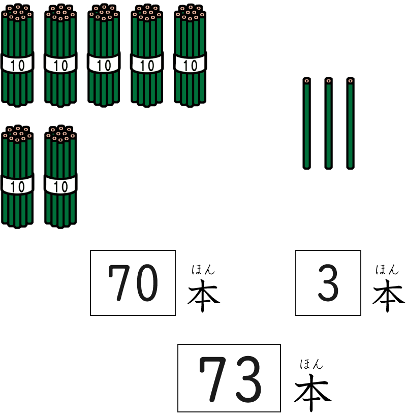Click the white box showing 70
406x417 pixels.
[x=133, y=283]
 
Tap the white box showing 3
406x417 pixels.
[x=328, y=283]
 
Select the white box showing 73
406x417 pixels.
[x=229, y=378]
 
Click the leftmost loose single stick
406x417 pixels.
[x=306, y=124]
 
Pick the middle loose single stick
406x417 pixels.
[x=328, y=124]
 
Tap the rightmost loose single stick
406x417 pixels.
[x=350, y=124]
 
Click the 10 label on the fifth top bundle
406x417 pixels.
[x=190, y=66]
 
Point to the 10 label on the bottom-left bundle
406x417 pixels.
[x=17, y=187]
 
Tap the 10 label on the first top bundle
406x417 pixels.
[x=17, y=66]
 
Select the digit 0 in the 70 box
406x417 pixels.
[x=147, y=283]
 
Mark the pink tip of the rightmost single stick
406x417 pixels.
[x=350, y=81]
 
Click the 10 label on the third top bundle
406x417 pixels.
[x=104, y=66]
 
